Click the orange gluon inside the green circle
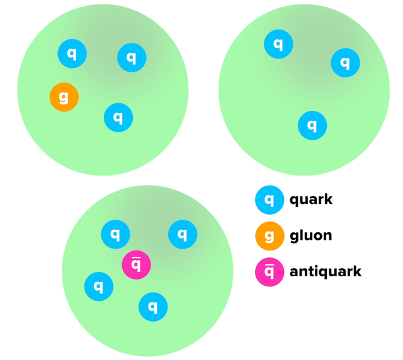pos(64,98)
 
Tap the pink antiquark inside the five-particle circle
pos(137,264)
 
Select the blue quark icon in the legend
pos(270,200)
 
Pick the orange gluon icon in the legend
pos(270,236)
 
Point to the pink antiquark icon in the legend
pos(270,272)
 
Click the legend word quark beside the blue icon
pos(310,200)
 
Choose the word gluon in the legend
pos(310,236)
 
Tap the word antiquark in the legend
pos(325,272)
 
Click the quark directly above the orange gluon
pos(72,54)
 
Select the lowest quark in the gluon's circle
pos(118,117)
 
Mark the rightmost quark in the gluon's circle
pos(132,58)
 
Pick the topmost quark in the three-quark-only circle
pos(278,44)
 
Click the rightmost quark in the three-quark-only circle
pos(345,62)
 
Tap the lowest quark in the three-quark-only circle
pos(312,125)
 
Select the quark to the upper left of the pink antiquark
pos(115,235)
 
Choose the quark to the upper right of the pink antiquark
pos(183,235)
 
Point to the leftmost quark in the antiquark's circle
pos(99,286)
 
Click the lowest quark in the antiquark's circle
pos(153,307)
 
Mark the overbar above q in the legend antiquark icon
pos(270,265)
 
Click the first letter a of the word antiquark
pos(294,273)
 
